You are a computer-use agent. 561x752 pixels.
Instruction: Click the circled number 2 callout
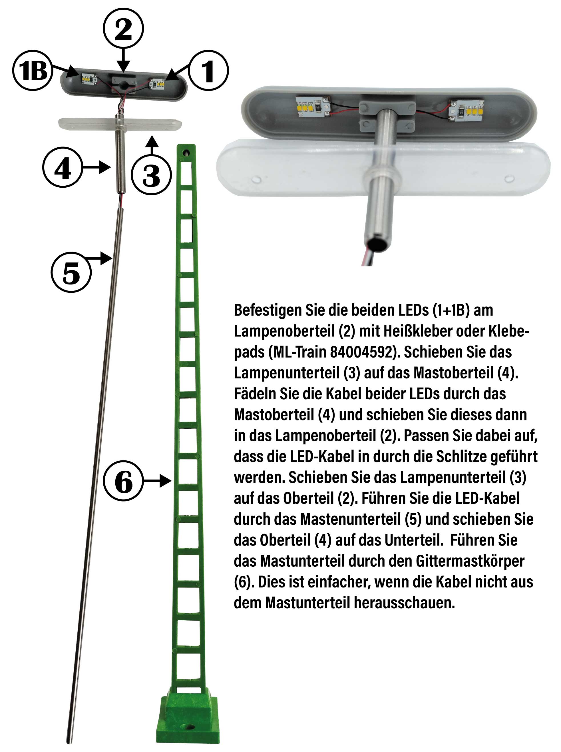tap(123, 29)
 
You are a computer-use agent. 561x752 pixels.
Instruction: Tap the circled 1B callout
tap(33, 70)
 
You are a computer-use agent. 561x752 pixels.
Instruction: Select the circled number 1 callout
tap(208, 70)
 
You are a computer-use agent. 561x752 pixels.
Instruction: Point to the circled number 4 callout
tap(63, 167)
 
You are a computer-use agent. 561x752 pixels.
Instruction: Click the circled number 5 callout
tap(71, 272)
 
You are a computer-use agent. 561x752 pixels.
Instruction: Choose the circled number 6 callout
tap(124, 481)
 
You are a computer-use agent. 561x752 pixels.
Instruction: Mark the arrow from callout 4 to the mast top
tap(97, 167)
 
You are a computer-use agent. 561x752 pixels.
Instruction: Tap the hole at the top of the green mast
tap(186, 154)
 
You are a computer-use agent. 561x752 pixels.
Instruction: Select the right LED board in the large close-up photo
tap(466, 109)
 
